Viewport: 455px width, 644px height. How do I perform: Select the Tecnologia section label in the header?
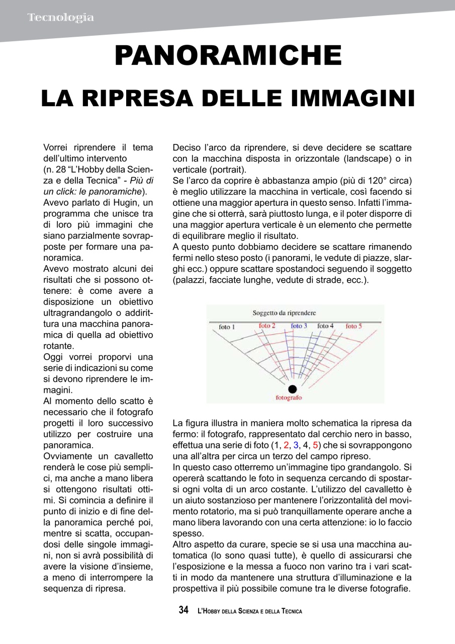(60, 18)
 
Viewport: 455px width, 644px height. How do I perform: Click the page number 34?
(184, 610)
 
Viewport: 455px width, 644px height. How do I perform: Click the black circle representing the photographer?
(293, 388)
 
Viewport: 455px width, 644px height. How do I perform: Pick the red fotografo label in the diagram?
(289, 397)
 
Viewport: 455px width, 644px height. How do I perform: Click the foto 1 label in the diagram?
(227, 327)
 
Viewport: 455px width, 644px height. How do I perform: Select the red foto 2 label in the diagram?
(267, 326)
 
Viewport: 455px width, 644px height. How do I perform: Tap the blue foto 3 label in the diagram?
(299, 326)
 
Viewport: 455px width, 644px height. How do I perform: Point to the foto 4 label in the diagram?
(325, 326)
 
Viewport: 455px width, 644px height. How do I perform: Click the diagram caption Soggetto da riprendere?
(284, 312)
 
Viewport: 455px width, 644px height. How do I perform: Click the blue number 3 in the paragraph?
(296, 445)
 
